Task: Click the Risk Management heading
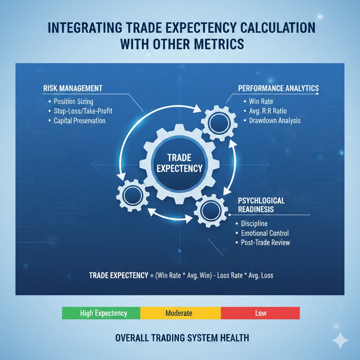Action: tap(73, 88)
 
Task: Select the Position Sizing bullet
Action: tap(73, 102)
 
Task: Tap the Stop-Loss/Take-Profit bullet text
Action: tap(83, 111)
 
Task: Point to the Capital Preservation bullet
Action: tap(79, 121)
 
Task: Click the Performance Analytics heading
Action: tap(278, 88)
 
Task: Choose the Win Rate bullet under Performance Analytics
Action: tap(261, 102)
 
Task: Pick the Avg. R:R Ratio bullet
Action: tap(268, 111)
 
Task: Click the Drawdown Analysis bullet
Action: tap(275, 121)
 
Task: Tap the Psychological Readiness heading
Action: tap(261, 205)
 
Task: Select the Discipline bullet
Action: tap(254, 224)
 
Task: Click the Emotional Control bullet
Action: tap(265, 233)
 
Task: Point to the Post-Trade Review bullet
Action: tap(265, 243)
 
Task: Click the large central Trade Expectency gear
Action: tap(180, 163)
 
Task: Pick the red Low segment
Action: tap(261, 313)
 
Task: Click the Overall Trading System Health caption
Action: tap(182, 338)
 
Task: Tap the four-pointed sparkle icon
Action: tap(340, 340)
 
